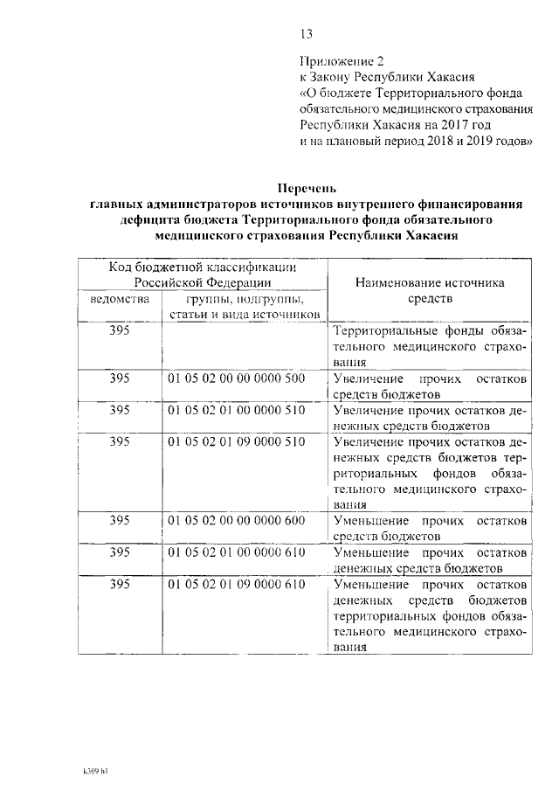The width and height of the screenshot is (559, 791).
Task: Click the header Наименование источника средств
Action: point(431,291)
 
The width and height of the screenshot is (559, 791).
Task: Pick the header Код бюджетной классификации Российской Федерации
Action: point(202,274)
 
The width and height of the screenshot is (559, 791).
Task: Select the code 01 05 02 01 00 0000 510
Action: point(236,410)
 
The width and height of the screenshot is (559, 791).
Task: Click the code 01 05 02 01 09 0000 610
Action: point(236,584)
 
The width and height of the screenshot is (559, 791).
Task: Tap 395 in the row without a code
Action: point(120,331)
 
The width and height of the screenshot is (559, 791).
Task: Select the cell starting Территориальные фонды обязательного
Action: point(431,347)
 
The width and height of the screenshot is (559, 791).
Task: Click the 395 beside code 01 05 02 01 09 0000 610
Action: point(120,584)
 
